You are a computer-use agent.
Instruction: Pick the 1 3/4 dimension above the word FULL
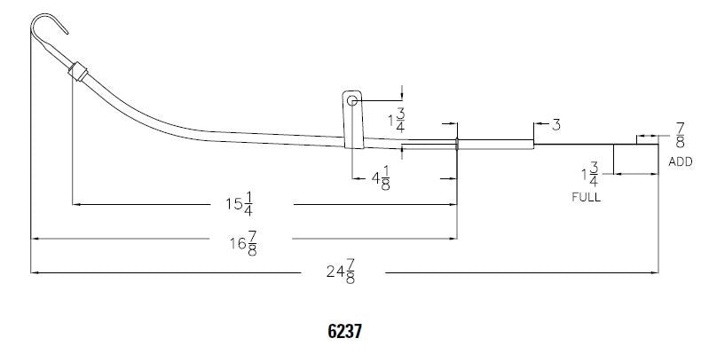[x=589, y=174]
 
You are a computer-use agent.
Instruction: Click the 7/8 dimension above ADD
[x=679, y=135]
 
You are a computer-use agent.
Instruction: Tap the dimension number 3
[x=555, y=125]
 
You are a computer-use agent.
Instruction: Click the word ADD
[x=680, y=162]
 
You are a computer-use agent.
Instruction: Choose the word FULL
[x=586, y=197]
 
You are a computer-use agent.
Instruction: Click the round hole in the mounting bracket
[x=352, y=101]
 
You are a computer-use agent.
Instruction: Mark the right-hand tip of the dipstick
[x=658, y=144]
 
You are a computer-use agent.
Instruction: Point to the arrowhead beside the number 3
[x=538, y=125]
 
